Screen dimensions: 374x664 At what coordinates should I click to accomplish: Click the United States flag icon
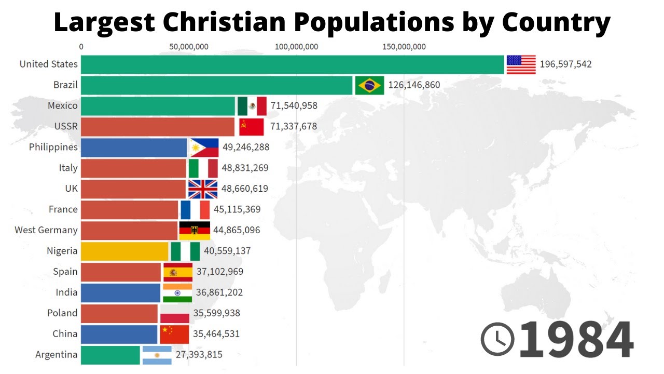[x=521, y=64]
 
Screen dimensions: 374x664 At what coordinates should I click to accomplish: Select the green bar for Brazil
[x=216, y=85]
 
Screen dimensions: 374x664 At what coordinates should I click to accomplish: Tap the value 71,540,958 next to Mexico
[x=294, y=106]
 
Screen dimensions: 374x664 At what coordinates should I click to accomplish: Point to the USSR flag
[x=251, y=127]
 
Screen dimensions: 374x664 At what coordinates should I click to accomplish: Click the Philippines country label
[x=53, y=147]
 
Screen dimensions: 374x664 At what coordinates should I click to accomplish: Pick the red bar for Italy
[x=133, y=168]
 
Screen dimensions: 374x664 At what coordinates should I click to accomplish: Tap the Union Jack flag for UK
[x=202, y=189]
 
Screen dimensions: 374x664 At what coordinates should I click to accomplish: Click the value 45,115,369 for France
[x=237, y=209]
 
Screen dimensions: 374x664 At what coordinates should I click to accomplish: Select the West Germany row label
[x=46, y=230]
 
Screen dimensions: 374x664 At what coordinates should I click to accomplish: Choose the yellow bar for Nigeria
[x=125, y=251]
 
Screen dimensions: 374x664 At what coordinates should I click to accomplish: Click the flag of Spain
[x=178, y=272]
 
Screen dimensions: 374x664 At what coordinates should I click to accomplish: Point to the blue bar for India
[x=120, y=293]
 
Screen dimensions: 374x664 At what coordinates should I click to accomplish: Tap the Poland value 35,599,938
[x=216, y=313]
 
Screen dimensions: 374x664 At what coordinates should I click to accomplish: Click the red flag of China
[x=174, y=334]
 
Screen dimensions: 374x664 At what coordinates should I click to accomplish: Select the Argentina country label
[x=56, y=355]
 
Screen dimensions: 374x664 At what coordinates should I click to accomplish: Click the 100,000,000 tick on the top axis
[x=296, y=47]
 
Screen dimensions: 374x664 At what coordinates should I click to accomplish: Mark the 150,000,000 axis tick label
[x=404, y=47]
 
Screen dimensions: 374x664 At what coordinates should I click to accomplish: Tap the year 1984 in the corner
[x=576, y=339]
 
